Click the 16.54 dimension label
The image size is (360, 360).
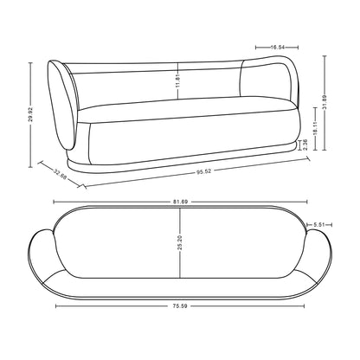coord(277,48)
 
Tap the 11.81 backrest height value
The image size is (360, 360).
coord(177,80)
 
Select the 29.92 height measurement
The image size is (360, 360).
coord(30,114)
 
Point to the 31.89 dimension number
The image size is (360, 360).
coord(325,102)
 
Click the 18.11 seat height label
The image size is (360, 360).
coord(315,128)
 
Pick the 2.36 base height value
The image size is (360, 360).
coord(305,145)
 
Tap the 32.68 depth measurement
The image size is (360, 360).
coord(61,174)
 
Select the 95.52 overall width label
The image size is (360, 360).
coord(204,171)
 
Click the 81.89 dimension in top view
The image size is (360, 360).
coord(181,202)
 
